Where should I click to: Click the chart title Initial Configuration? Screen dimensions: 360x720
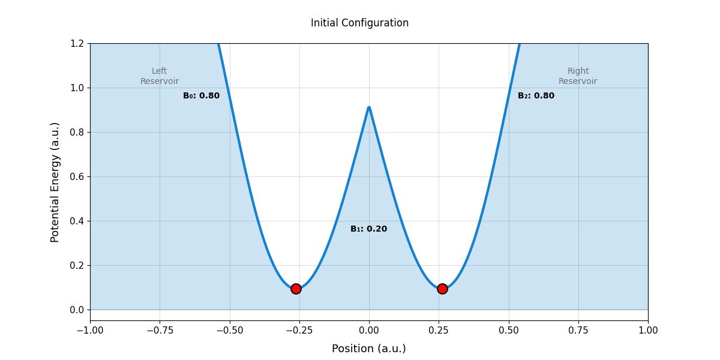pos(359,23)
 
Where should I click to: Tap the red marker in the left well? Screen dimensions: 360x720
pos(296,289)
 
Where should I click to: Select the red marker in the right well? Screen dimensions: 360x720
pos(442,289)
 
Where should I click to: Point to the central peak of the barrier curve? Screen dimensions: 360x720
pos(369,108)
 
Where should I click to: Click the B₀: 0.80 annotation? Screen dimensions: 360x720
pos(201,96)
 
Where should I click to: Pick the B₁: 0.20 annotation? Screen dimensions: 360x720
pos(368,229)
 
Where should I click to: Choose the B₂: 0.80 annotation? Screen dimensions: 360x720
pos(536,96)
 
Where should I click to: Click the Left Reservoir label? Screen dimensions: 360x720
pos(160,76)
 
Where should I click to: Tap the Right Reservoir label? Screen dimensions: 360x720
pos(578,76)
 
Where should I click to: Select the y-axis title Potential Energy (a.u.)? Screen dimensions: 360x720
pos(55,182)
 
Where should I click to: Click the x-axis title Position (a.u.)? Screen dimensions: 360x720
pos(368,349)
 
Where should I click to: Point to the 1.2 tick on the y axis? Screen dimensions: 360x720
pos(76,43)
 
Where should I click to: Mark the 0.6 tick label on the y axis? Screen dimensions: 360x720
pos(76,176)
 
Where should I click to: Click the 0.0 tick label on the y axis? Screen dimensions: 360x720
pos(76,310)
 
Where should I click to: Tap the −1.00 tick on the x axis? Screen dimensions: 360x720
pos(90,331)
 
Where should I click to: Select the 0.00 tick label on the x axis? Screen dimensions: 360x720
pos(369,331)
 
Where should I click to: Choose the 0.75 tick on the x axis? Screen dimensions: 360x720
pos(578,331)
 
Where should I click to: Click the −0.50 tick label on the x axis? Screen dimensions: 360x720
pos(229,331)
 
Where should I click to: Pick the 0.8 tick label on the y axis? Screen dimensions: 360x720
pos(76,132)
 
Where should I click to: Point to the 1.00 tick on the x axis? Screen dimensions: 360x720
pos(648,331)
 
